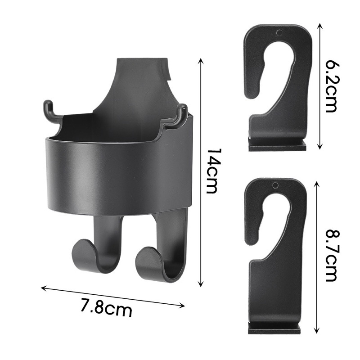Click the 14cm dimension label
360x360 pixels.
pos(212,171)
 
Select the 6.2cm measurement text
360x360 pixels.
pos(332,86)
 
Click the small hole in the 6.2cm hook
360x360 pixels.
pos(279,33)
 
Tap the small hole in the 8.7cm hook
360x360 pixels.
pos(275,185)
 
